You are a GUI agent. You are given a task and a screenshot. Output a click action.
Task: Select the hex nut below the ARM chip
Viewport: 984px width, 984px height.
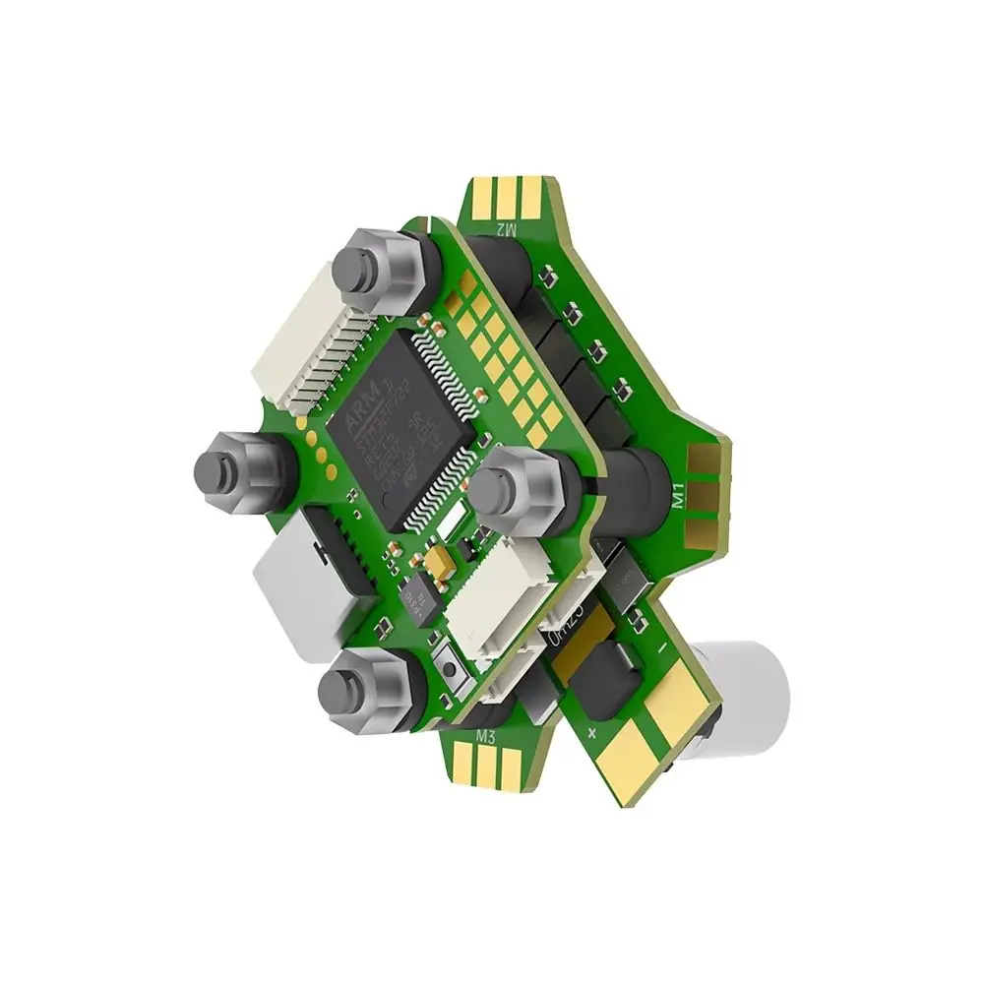click(518, 487)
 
